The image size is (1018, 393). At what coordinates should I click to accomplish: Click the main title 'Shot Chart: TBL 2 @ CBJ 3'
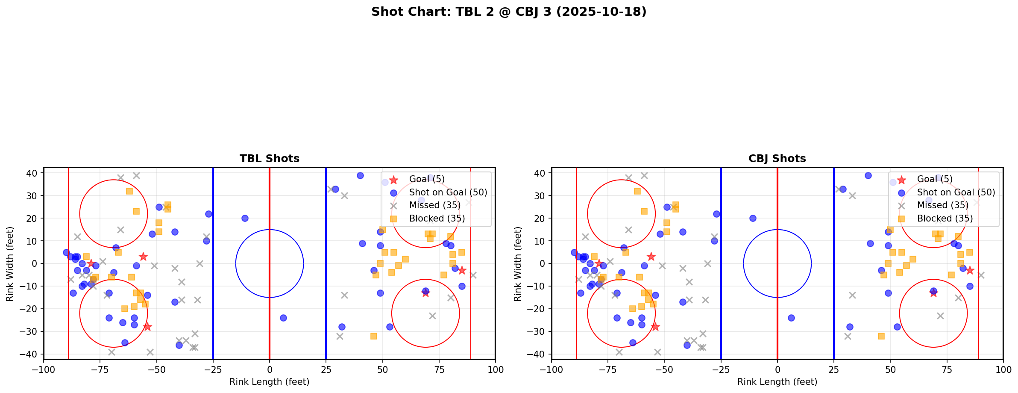tap(508, 12)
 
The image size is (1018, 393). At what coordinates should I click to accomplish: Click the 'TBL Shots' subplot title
tap(270, 159)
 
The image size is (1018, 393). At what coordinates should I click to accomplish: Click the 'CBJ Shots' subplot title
tap(777, 159)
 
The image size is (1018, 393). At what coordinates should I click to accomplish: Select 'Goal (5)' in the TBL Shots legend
tap(427, 179)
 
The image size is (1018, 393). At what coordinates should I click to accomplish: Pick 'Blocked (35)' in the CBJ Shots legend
tap(945, 219)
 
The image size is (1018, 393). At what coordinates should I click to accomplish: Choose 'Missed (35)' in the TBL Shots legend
tap(434, 205)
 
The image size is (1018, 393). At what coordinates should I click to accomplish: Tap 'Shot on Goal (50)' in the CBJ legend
tap(956, 192)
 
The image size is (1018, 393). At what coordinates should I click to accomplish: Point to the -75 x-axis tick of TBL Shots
tap(100, 369)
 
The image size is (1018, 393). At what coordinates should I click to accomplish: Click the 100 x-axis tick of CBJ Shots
tap(1003, 369)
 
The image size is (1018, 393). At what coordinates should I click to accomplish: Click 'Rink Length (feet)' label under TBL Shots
tap(270, 382)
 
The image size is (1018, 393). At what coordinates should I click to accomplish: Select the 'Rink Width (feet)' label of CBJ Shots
tap(518, 264)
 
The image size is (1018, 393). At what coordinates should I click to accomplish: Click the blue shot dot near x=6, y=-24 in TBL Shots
tap(283, 318)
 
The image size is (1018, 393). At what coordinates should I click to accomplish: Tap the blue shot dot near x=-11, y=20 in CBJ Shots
tap(753, 218)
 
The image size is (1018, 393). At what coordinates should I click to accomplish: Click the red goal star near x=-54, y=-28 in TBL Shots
tap(147, 327)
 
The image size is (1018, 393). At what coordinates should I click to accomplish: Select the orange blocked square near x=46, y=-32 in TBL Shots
tap(373, 336)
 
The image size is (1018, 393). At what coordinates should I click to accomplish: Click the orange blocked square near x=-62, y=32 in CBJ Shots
tap(637, 191)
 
